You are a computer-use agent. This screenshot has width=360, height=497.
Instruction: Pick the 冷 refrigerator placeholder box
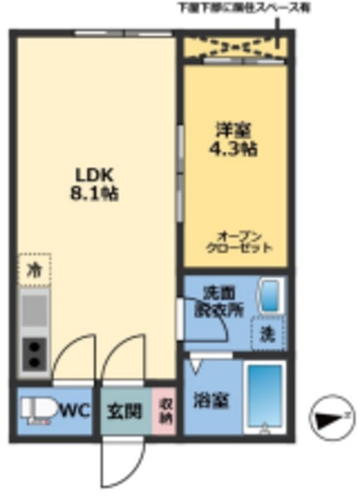(x=35, y=269)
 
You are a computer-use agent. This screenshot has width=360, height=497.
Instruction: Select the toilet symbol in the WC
(x=36, y=409)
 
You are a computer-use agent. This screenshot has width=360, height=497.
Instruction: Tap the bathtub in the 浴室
(x=264, y=396)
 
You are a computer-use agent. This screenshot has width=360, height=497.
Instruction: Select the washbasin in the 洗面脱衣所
(x=268, y=296)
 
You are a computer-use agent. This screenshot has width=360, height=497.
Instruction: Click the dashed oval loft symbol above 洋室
(x=233, y=47)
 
